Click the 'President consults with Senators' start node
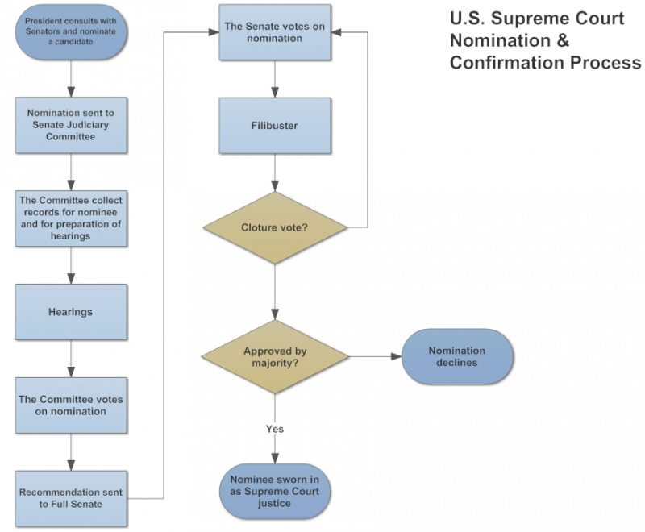tap(71, 32)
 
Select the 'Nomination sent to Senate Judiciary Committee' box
tap(71, 125)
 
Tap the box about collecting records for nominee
tap(71, 218)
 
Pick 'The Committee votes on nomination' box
tap(71, 405)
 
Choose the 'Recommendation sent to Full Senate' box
tap(71, 497)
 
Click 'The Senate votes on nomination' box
tap(274, 32)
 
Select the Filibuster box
tap(274, 126)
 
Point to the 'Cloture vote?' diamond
tap(274, 227)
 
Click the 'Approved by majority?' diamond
tap(274, 356)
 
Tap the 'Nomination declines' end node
tap(456, 356)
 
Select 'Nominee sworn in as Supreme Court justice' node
tap(274, 492)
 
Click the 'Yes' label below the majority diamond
tap(274, 429)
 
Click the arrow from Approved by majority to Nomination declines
tap(375, 356)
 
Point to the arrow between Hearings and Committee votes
tap(71, 359)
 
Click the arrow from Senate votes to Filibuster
tap(275, 79)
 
